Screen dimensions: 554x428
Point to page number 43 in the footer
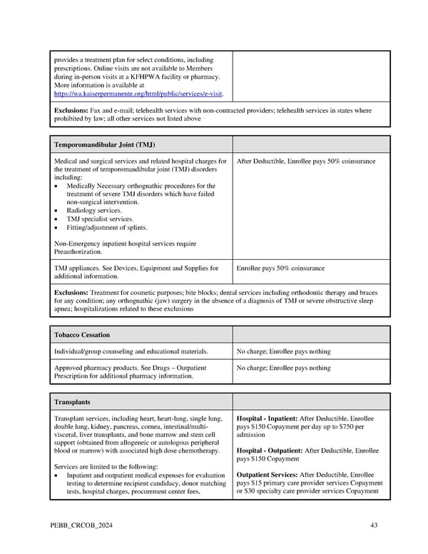point(374,525)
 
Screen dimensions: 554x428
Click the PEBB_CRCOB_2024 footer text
point(81,525)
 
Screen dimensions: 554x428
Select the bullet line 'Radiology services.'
point(94,211)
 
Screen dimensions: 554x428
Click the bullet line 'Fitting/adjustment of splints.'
point(107,228)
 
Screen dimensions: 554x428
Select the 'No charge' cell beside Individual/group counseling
point(283,351)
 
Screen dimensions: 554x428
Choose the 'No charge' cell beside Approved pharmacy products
point(283,368)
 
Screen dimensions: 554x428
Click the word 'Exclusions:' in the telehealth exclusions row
point(71,111)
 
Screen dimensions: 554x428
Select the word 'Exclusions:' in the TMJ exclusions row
point(71,293)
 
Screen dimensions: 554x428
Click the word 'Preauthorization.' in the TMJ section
point(78,252)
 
